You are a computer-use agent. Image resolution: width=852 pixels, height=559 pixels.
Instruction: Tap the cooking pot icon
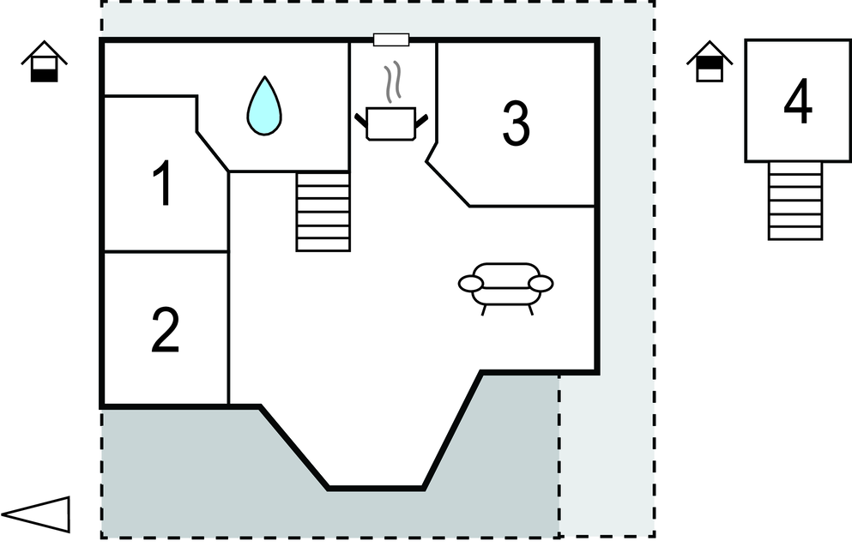tap(390, 123)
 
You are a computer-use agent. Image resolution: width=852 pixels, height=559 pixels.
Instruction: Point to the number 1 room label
tap(162, 185)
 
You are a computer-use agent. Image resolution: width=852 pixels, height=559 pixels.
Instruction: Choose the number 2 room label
tap(165, 331)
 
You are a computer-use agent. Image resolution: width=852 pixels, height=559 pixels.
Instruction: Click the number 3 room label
tap(515, 123)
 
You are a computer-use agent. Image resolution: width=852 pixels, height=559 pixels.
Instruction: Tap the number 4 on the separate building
tap(797, 105)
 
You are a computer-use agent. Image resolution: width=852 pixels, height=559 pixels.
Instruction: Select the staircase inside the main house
tap(323, 211)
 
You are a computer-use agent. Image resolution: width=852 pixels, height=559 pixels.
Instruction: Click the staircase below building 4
tap(795, 201)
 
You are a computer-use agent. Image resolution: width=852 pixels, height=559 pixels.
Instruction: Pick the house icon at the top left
tap(44, 63)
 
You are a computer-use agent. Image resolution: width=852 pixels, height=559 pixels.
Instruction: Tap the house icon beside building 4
tap(709, 63)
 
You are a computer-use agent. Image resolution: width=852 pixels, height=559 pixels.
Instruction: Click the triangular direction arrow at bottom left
tap(39, 514)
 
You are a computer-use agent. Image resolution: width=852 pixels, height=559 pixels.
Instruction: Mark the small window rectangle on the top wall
tap(391, 39)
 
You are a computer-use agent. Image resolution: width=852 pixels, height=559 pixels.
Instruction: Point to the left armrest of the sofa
tap(471, 283)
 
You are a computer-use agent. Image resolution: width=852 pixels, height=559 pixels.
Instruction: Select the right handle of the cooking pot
tap(421, 119)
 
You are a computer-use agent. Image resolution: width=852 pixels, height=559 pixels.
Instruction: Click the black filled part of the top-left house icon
tap(44, 75)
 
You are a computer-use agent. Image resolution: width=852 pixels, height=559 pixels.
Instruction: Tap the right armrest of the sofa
tap(541, 283)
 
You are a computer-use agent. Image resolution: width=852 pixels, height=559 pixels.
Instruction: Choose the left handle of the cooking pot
tap(360, 119)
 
